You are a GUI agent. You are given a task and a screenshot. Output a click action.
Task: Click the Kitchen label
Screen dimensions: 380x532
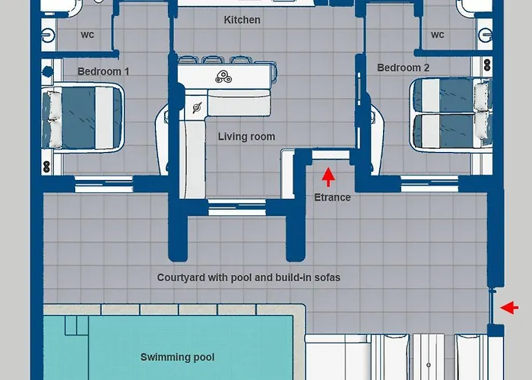pos(242,20)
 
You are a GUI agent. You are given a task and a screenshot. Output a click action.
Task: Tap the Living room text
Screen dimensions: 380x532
pos(246,137)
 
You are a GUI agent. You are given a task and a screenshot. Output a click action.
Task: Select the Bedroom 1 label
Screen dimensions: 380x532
pos(103,71)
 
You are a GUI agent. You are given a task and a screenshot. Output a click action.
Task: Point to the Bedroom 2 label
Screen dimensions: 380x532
pos(404,68)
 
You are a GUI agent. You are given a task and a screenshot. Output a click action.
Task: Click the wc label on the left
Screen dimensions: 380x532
pos(87,35)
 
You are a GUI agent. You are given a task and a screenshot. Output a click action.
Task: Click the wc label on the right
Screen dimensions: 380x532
pos(438,35)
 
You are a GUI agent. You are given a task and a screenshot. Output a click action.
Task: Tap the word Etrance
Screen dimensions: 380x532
pos(333,198)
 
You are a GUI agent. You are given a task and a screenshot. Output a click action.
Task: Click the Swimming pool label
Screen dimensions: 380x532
pos(177,357)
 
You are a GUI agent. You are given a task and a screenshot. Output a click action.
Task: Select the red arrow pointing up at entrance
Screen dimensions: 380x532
pos(328,176)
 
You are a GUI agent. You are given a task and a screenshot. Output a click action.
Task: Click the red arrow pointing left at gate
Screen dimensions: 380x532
pos(510,308)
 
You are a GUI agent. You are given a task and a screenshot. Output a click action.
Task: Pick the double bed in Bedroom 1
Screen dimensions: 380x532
pos(83,116)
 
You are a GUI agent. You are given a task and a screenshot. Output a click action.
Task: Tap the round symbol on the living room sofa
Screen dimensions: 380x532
pos(198,107)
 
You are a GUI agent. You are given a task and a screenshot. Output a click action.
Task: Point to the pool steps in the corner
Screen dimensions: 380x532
pos(76,325)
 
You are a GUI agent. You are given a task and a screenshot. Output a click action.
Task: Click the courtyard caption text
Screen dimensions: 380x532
pos(249,278)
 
